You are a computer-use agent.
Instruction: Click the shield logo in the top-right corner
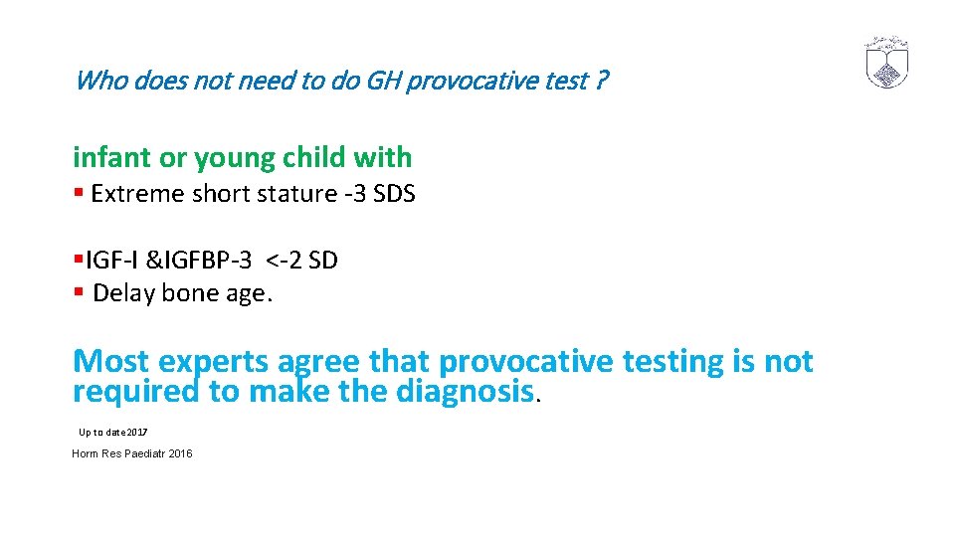coord(886,63)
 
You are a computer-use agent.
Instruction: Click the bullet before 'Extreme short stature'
coord(78,194)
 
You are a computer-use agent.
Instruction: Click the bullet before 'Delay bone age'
coord(78,293)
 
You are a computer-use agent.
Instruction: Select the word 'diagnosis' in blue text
coord(465,392)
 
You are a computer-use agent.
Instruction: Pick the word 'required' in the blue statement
coord(136,392)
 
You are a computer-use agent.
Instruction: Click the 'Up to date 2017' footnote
coord(112,432)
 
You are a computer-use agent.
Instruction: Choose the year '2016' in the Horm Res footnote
coord(180,453)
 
